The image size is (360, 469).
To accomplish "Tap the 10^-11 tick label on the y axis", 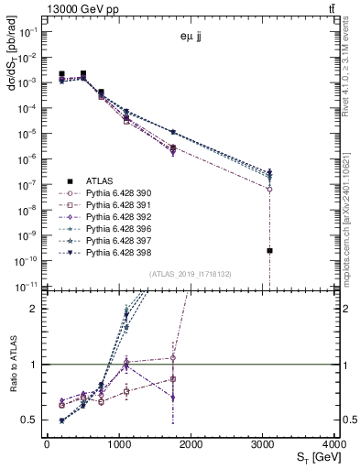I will click(x=27, y=287).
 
